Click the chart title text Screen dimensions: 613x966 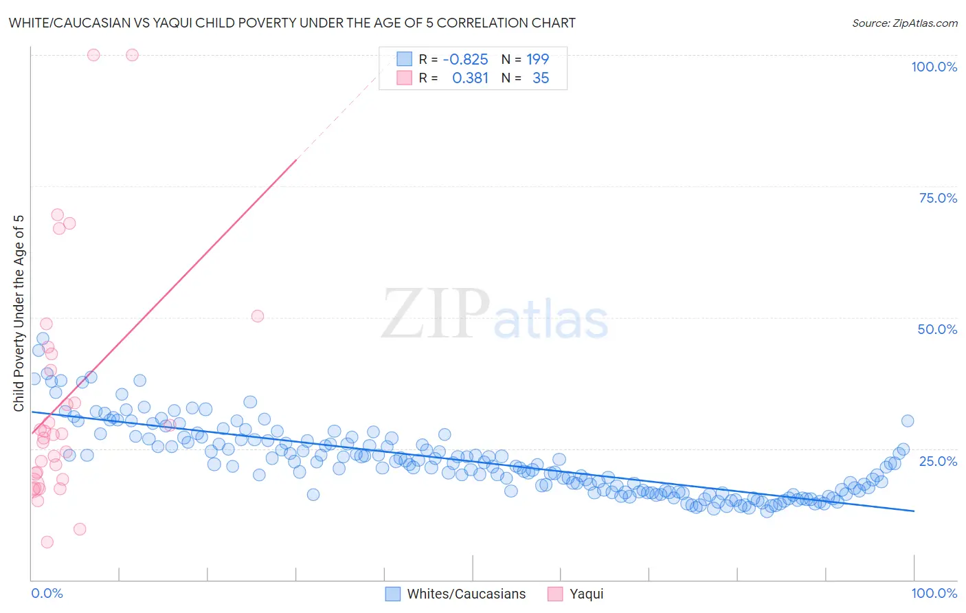click(x=292, y=23)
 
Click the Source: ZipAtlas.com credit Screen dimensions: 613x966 click(x=904, y=23)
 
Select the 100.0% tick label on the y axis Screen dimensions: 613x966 click(x=934, y=67)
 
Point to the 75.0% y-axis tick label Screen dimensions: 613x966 click(x=938, y=198)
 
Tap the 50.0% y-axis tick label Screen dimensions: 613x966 click(x=937, y=329)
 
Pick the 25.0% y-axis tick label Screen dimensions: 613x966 click(x=938, y=461)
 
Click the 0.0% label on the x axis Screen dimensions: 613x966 click(x=47, y=593)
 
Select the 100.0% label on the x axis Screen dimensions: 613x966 click(x=934, y=593)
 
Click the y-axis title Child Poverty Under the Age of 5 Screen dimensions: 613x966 click(x=19, y=313)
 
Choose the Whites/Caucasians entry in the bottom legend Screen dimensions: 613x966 click(x=466, y=594)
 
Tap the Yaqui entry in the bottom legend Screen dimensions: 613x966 click(x=586, y=594)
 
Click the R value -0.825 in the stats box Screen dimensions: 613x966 click(x=465, y=59)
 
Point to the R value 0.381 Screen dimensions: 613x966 click(x=470, y=78)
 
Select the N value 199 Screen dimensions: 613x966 click(x=537, y=59)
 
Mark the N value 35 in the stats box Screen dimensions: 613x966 click(x=541, y=78)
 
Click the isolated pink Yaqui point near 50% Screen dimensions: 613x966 click(x=258, y=316)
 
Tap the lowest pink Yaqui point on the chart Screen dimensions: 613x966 click(x=47, y=542)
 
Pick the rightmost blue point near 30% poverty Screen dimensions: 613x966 click(x=908, y=421)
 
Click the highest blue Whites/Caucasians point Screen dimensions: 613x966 click(x=43, y=339)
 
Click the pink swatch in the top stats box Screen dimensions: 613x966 click(x=404, y=78)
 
